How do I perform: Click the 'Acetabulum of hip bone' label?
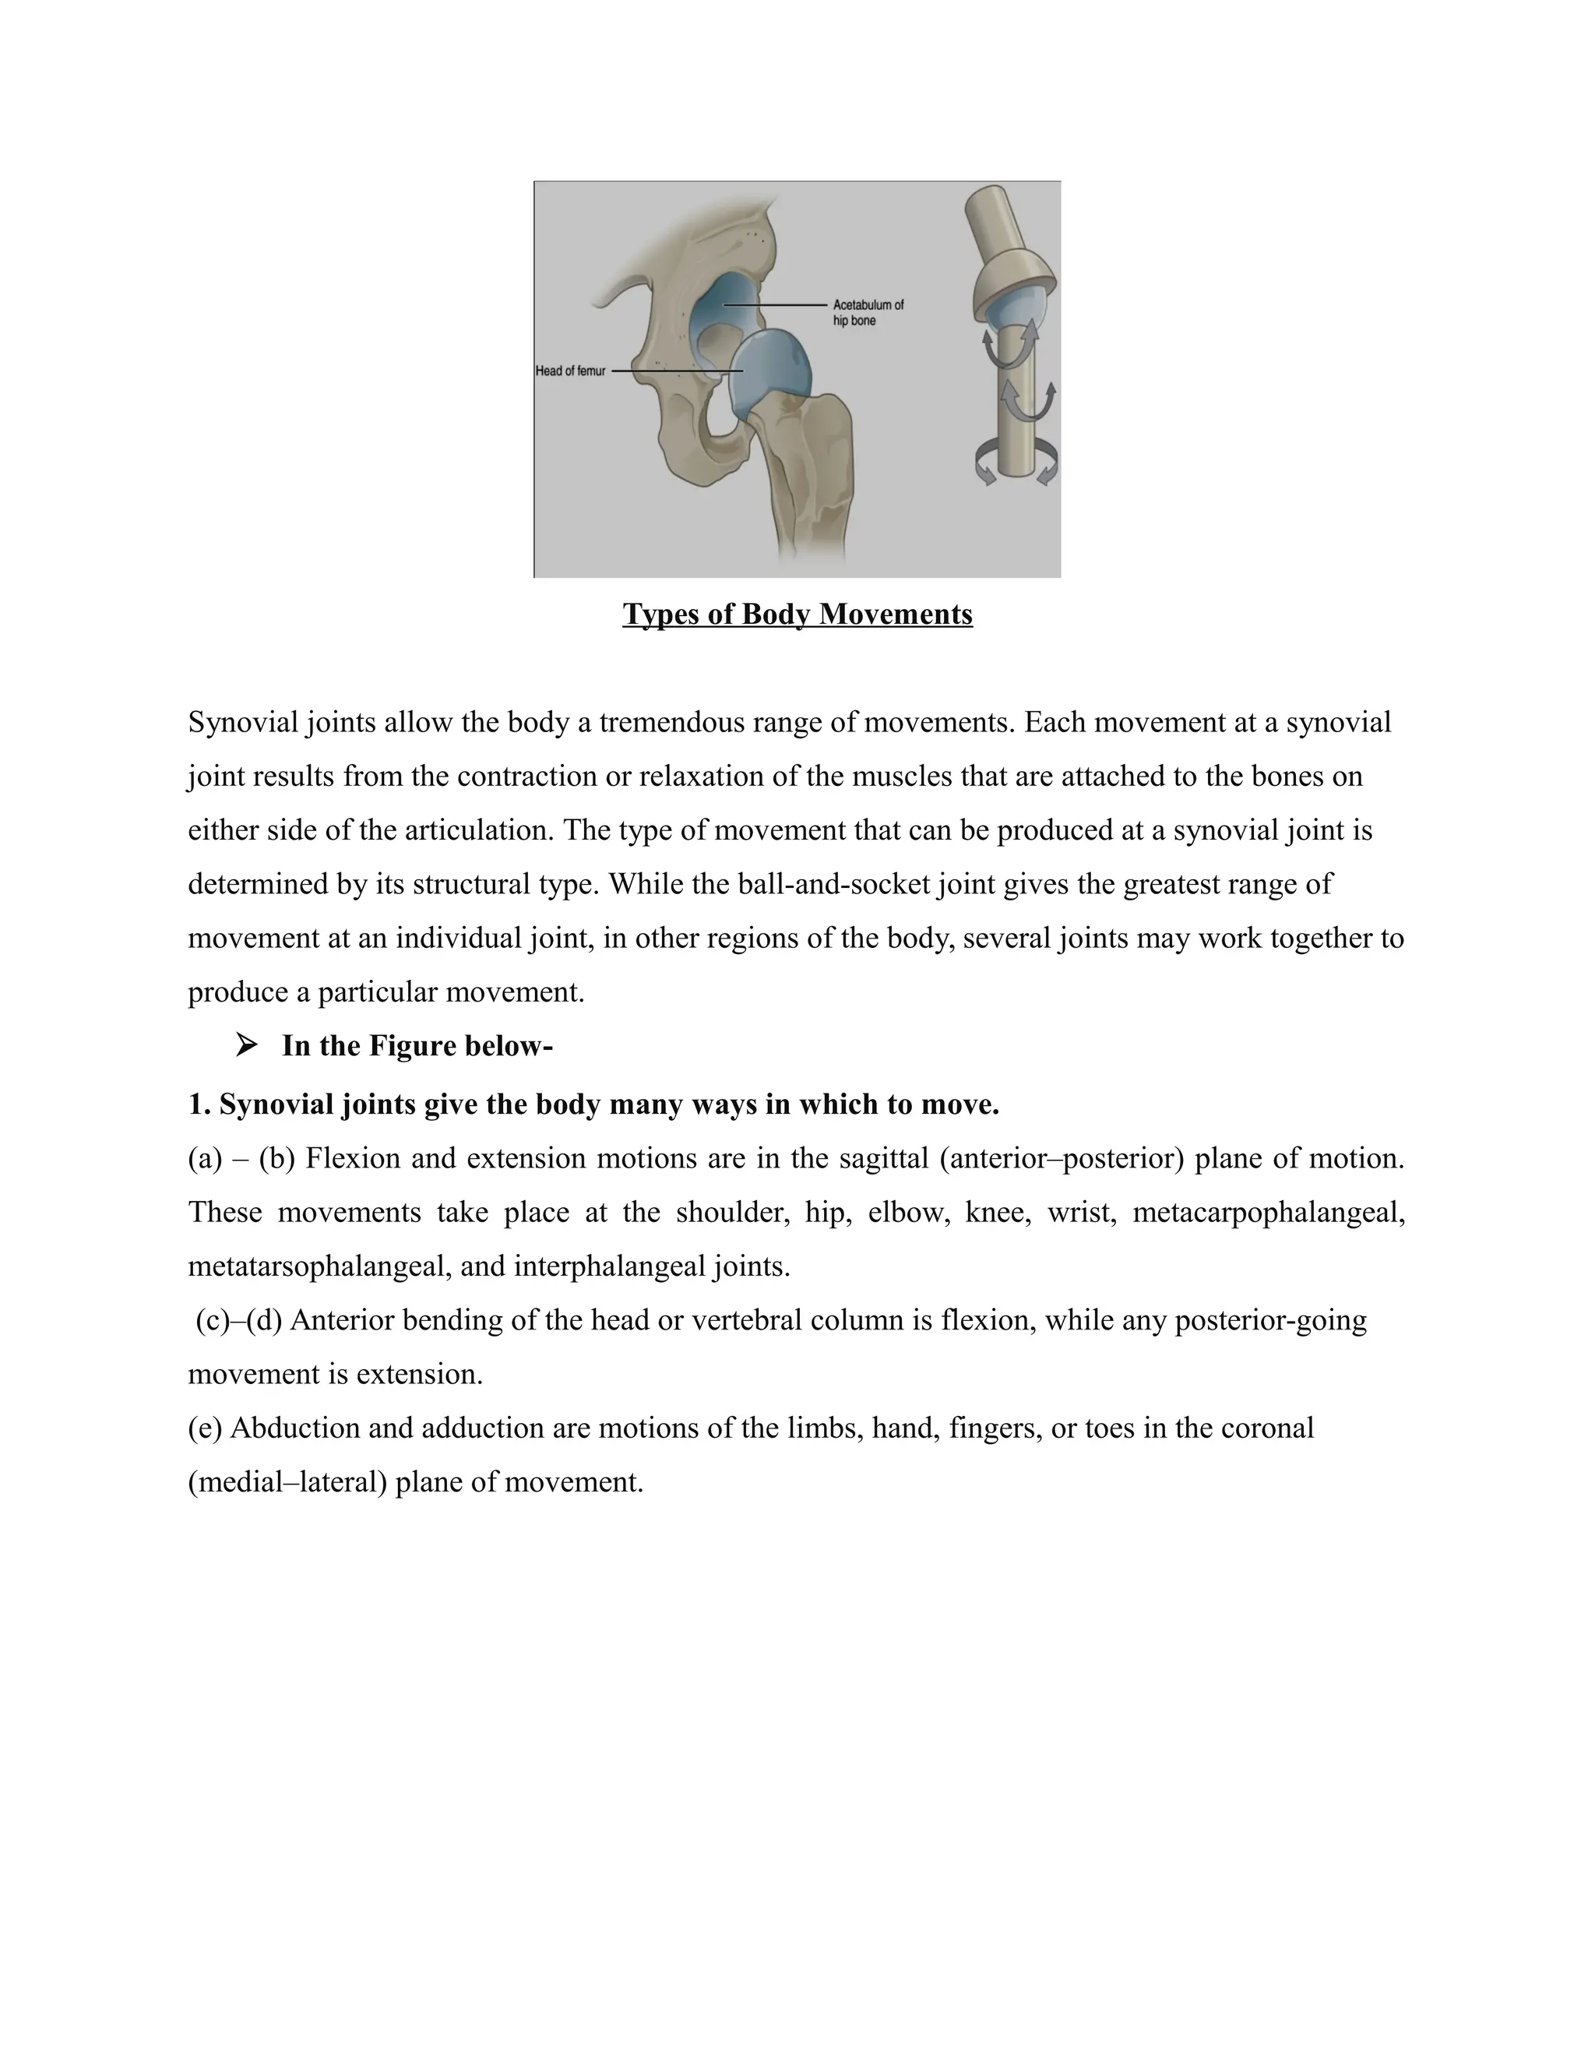tap(868, 313)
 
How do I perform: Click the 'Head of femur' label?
tap(570, 372)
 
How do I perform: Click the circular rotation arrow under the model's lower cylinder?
tap(1016, 465)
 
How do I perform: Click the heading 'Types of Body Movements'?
tap(797, 615)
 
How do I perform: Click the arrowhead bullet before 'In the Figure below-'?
tap(247, 1045)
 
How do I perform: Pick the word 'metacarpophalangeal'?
tap(1268, 1212)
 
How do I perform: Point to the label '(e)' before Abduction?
tap(204, 1427)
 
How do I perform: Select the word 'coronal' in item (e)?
tap(1266, 1427)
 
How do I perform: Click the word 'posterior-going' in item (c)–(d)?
tap(1270, 1319)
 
